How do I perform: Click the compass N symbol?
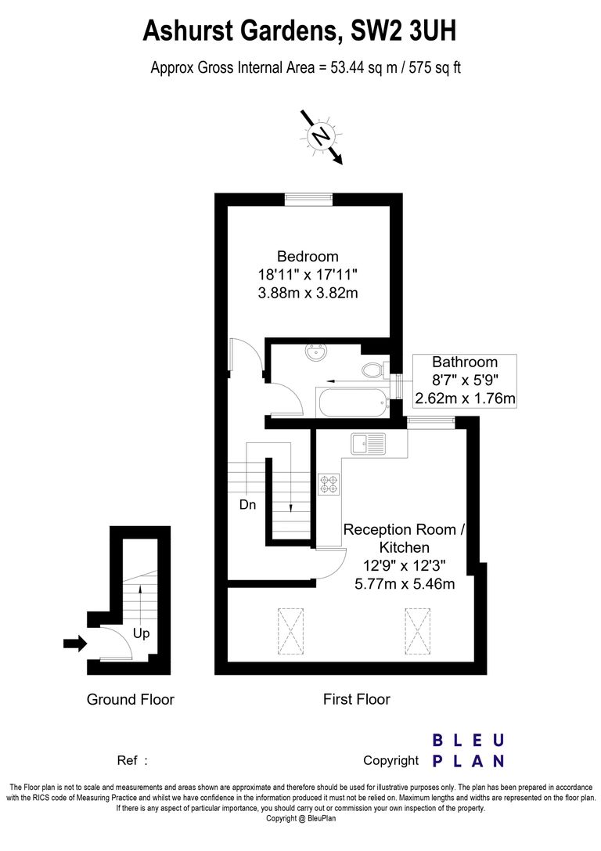(x=321, y=135)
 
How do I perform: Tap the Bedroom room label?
(x=308, y=256)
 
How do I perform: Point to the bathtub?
(x=353, y=402)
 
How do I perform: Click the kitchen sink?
(x=369, y=443)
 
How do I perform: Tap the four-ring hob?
(x=329, y=485)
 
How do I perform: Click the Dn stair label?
(x=247, y=505)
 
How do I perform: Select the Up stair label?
(x=142, y=633)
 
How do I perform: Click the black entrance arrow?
(x=75, y=643)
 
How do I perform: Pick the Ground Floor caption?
(x=130, y=699)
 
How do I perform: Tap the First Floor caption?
(x=356, y=699)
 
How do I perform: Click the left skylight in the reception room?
(x=291, y=633)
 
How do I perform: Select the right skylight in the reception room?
(x=418, y=633)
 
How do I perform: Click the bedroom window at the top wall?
(x=309, y=200)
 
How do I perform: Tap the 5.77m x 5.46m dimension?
(x=405, y=584)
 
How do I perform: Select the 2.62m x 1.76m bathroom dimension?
(x=465, y=399)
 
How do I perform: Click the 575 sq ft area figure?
(x=434, y=68)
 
